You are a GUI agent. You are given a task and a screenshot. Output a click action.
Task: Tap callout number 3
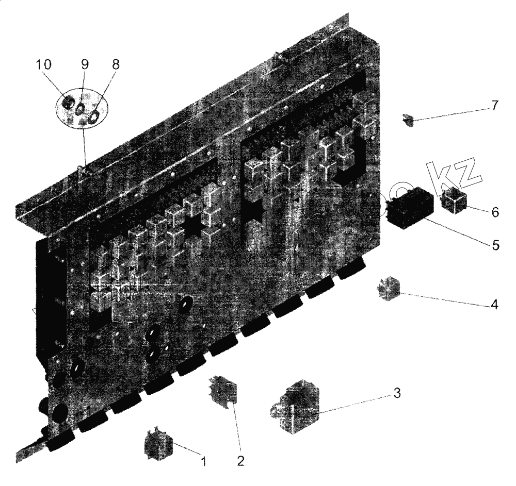tap(396, 393)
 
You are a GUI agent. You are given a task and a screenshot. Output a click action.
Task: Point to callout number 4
tap(494, 304)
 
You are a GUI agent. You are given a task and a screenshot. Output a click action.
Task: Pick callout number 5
tap(495, 244)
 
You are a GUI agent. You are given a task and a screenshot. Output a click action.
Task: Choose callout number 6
tap(495, 212)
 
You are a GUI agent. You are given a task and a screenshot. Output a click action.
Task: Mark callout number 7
tap(494, 106)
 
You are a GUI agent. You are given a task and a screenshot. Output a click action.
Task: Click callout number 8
tap(115, 64)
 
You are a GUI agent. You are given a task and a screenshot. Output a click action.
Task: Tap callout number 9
tap(85, 64)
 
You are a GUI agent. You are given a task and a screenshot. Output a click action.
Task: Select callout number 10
tap(44, 64)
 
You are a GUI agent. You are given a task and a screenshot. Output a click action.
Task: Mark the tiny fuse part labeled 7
tap(409, 122)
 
